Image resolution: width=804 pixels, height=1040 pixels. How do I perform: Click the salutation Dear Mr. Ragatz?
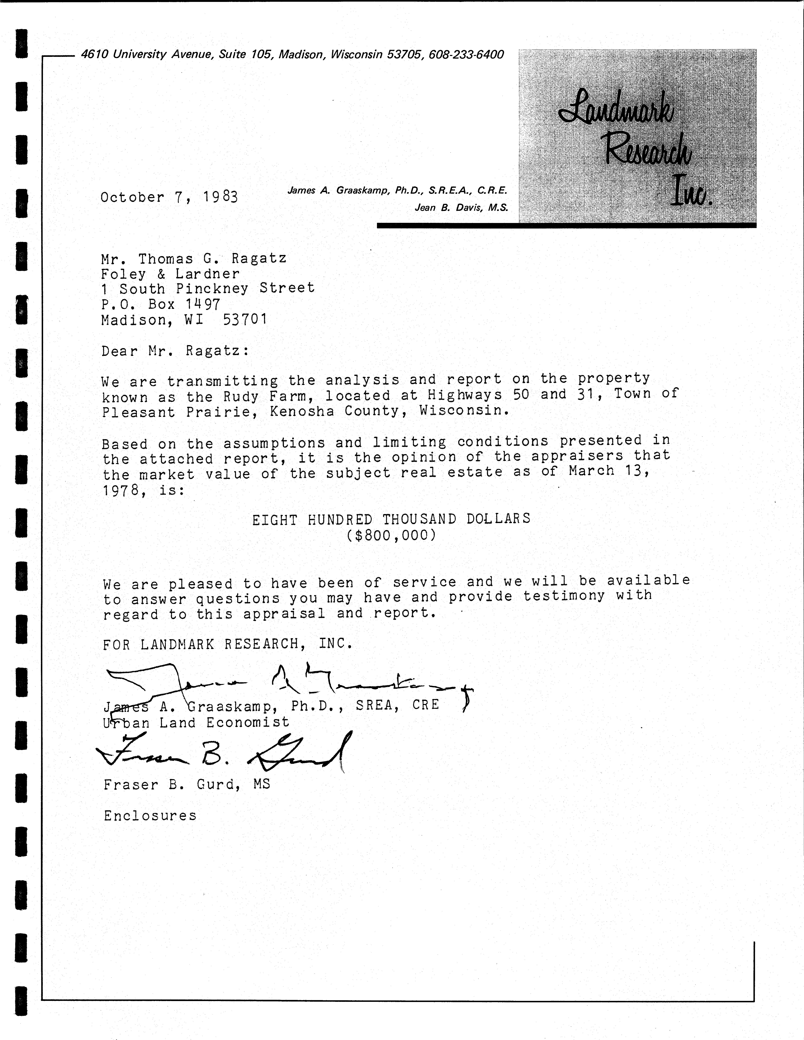click(x=175, y=351)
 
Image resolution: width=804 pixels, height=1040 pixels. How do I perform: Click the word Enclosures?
click(x=150, y=816)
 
